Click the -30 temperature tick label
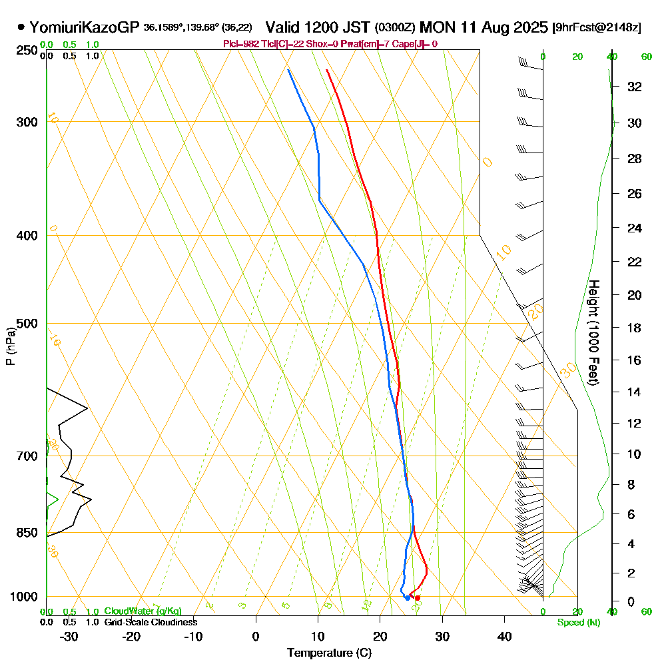tap(69, 636)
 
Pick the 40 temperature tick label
tap(504, 636)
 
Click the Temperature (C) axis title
tap(329, 653)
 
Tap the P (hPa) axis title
tap(11, 346)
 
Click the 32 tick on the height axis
tap(635, 87)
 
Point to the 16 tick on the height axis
tap(635, 360)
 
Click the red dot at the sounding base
tap(418, 598)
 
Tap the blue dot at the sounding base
tap(408, 598)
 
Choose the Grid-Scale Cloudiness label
tap(151, 622)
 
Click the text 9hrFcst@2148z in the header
tap(597, 28)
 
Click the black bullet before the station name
tap(21, 28)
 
